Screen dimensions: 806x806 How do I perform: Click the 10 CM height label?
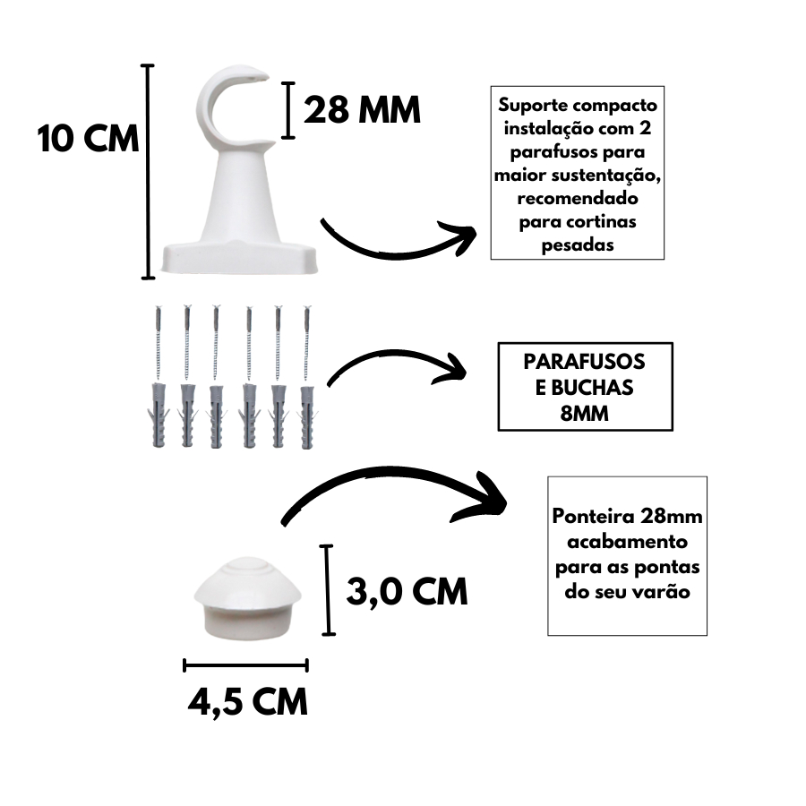[x=89, y=140]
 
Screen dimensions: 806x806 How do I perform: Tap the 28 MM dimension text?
[x=362, y=110]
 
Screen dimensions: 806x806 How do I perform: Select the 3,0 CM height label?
[x=407, y=590]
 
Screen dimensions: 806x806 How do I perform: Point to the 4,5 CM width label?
[x=247, y=700]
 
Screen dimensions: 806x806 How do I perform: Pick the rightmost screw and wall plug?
[x=307, y=376]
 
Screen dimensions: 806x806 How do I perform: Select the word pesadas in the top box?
[x=578, y=244]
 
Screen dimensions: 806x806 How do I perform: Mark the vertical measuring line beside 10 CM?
[x=149, y=170]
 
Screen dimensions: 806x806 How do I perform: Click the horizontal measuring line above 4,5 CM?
[x=245, y=665]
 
